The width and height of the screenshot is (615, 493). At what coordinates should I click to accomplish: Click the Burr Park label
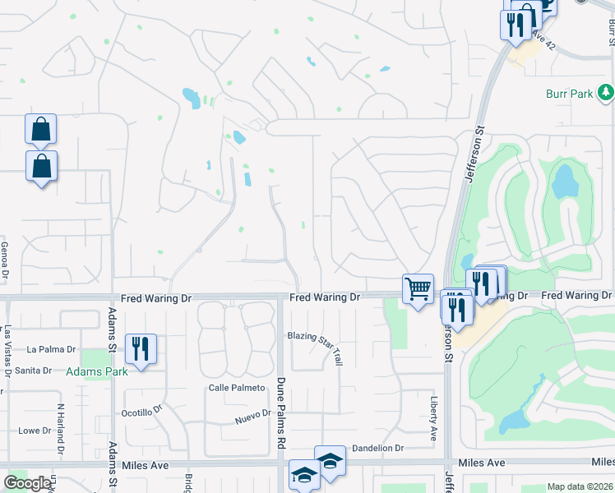tap(569, 94)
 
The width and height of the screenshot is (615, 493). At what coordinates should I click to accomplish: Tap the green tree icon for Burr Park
tap(607, 92)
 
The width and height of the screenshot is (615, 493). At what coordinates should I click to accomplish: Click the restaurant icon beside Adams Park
tap(141, 349)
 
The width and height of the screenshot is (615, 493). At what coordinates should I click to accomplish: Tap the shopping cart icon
tap(418, 289)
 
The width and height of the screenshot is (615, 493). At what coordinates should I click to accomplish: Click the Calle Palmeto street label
tap(237, 388)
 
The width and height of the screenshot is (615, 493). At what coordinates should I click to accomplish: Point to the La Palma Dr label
tap(51, 349)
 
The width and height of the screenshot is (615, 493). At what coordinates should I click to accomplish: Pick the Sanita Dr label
tap(34, 371)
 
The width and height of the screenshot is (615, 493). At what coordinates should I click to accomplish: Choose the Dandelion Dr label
tap(378, 449)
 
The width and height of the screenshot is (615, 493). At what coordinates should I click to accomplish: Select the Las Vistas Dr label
tap(7, 348)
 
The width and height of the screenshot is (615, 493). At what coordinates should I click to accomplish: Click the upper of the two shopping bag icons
tap(40, 130)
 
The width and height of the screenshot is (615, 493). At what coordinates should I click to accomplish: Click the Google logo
tap(27, 483)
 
